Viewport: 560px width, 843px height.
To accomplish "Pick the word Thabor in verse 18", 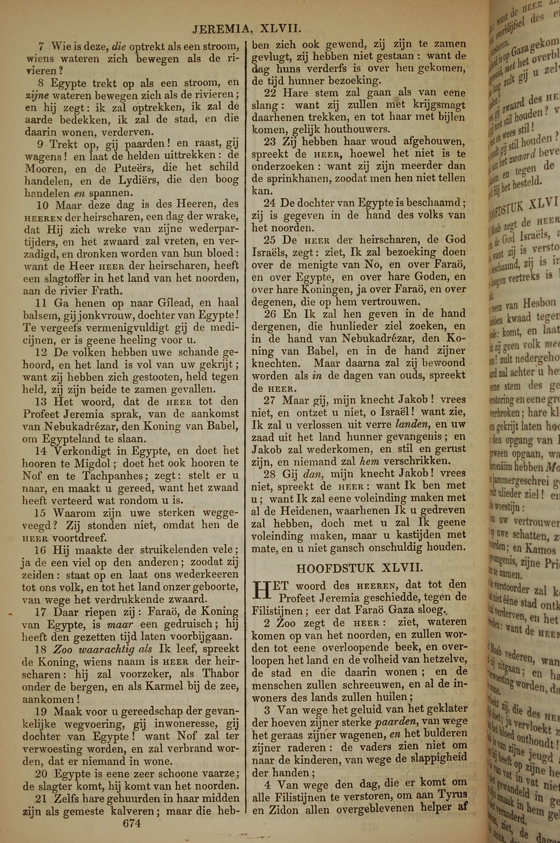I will click(220, 673).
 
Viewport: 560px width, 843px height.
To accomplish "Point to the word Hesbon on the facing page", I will click(539, 304).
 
